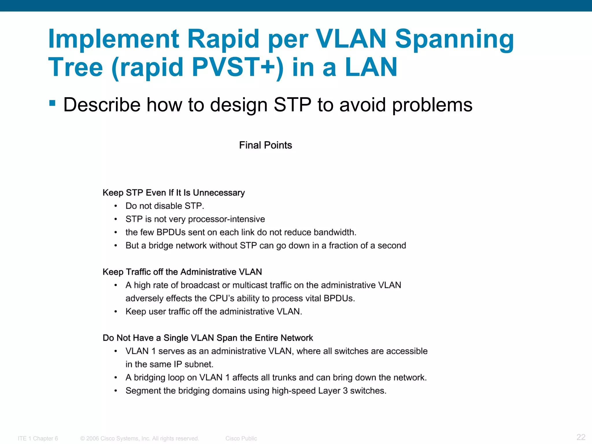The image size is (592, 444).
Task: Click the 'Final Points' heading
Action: click(265, 145)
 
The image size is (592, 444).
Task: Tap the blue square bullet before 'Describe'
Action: click(52, 103)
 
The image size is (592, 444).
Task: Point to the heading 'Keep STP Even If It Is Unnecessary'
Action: click(174, 193)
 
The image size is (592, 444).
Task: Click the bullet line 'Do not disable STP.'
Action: click(165, 206)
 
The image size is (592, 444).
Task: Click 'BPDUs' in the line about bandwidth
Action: click(171, 232)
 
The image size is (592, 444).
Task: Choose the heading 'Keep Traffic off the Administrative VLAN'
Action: click(182, 272)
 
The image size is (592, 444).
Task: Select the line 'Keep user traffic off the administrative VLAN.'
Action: click(214, 312)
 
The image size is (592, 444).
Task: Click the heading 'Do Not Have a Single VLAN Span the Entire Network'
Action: click(208, 338)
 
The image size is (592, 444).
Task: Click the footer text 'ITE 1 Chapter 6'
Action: click(38, 439)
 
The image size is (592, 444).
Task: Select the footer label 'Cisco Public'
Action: click(241, 439)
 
